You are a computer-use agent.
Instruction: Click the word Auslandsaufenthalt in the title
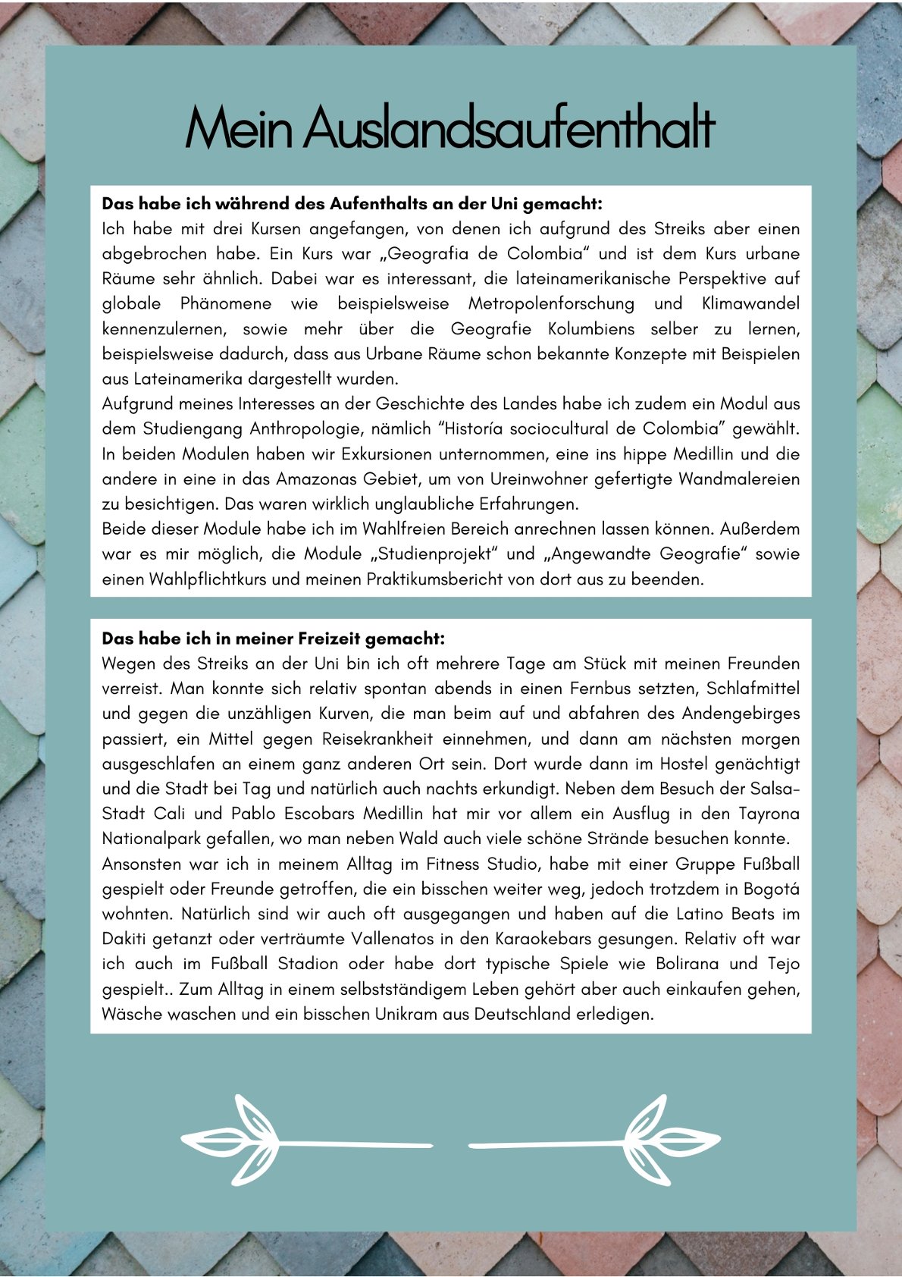pyautogui.click(x=509, y=129)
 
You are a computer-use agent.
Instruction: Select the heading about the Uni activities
pyautogui.click(x=352, y=203)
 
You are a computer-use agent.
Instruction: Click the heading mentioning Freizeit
pyautogui.click(x=273, y=638)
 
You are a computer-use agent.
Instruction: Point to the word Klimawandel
pyautogui.click(x=750, y=303)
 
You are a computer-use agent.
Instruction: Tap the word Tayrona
pyautogui.click(x=769, y=814)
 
